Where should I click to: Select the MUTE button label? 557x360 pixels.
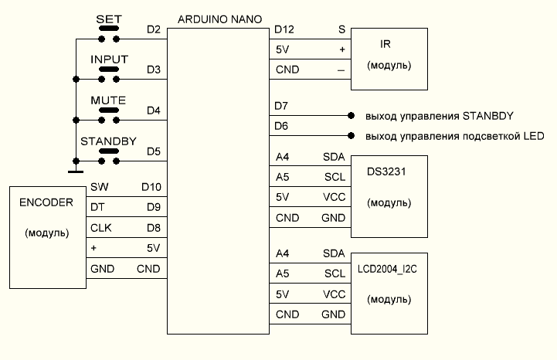108,101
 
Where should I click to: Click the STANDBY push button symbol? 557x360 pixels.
109,160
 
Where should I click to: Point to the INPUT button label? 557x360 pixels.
109,59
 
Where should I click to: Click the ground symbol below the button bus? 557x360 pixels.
76,171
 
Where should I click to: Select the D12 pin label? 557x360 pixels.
284,30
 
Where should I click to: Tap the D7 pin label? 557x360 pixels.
281,105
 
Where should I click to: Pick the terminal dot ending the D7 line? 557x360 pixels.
352,116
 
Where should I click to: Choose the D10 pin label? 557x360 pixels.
151,186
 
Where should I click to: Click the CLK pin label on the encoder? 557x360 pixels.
101,228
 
